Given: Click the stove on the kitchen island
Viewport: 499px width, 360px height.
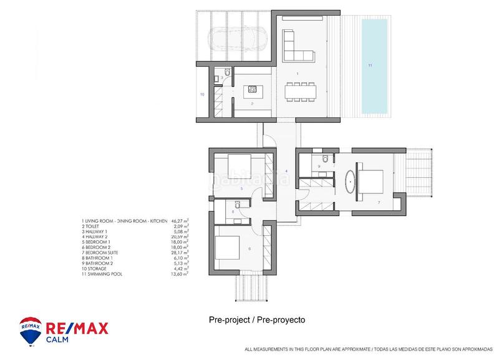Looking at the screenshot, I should pyautogui.click(x=253, y=89).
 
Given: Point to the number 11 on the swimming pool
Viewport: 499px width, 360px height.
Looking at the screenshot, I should pyautogui.click(x=370, y=66).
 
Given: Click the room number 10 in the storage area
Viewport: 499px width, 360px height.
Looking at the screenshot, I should pyautogui.click(x=202, y=95).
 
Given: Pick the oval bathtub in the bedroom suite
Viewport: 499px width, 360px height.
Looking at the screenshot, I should pyautogui.click(x=351, y=181).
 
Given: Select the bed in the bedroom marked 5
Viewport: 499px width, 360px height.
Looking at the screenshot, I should pyautogui.click(x=238, y=166).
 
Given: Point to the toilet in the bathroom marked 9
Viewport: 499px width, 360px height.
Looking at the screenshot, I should pyautogui.click(x=326, y=157).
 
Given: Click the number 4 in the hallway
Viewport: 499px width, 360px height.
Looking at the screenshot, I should pyautogui.click(x=286, y=170).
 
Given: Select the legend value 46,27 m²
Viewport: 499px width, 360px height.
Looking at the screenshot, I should pyautogui.click(x=180, y=221).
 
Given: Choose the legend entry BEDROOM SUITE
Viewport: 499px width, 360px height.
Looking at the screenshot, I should pyautogui.click(x=104, y=252).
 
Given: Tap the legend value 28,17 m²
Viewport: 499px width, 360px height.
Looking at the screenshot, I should pyautogui.click(x=180, y=252).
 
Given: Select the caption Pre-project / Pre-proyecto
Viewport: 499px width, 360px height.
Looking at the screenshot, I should pyautogui.click(x=257, y=319).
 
